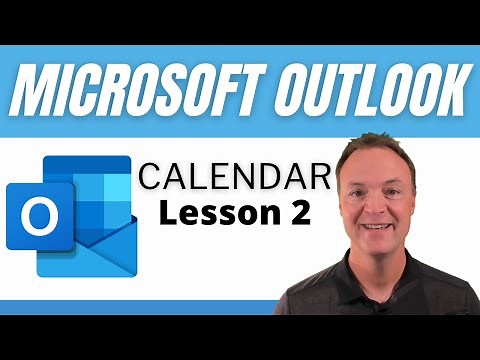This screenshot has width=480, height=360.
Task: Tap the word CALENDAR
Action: [x=234, y=179]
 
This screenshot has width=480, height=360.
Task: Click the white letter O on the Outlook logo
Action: [x=41, y=216]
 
